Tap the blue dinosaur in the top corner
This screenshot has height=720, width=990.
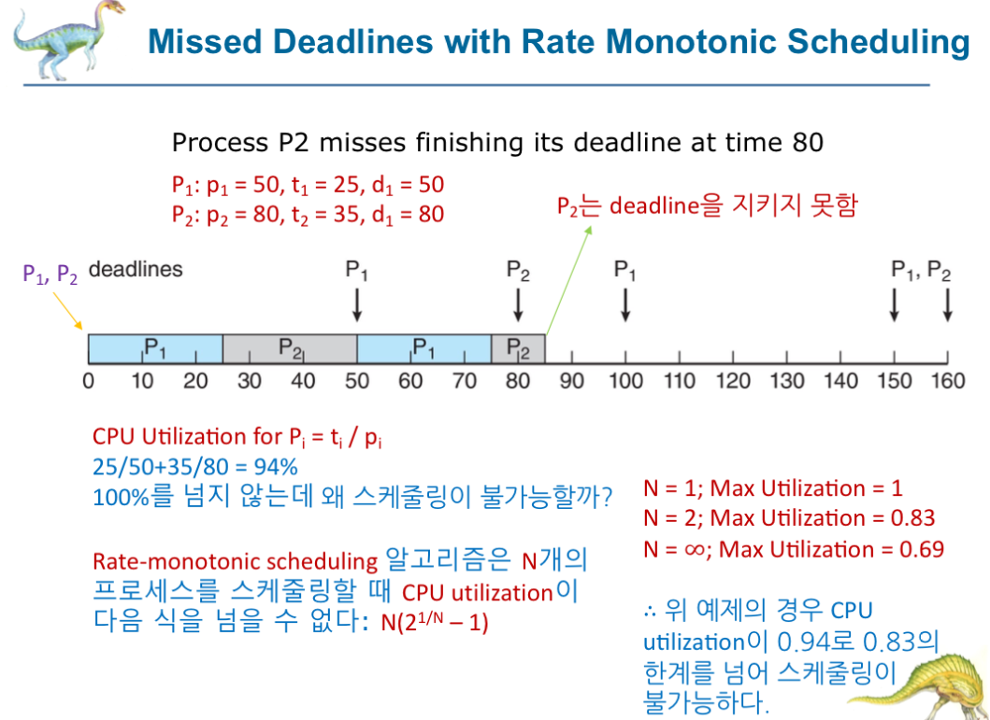[66, 40]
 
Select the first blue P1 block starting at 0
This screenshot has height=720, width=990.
[155, 348]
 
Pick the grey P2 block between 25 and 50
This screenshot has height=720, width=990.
[290, 348]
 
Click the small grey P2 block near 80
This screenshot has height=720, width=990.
[518, 348]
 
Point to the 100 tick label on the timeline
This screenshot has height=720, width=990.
[625, 381]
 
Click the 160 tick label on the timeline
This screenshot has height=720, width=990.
[948, 381]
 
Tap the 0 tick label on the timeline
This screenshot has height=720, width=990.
[89, 381]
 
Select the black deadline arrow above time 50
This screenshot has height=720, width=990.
[357, 305]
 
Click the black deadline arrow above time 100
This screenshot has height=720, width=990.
[625, 305]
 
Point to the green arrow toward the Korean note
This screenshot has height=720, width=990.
[568, 280]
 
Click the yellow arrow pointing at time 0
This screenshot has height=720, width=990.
[68, 311]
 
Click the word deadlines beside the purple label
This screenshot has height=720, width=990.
[136, 269]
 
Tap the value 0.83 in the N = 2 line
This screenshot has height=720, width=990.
[912, 518]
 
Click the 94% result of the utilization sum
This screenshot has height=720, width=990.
[275, 467]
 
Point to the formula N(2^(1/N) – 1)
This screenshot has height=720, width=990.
[435, 622]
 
